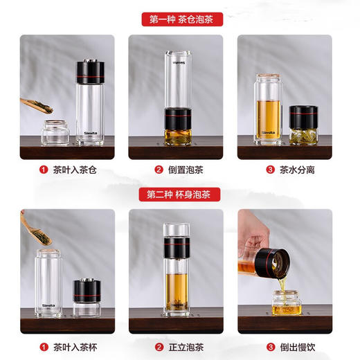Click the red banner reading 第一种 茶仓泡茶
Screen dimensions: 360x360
pos(181,19)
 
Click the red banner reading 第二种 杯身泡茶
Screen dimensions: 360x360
pos(181,195)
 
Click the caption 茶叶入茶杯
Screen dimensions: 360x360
pos(69,346)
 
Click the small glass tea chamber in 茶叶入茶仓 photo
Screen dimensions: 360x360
pos(54,132)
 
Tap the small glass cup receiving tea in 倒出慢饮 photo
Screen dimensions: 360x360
pos(285,303)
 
